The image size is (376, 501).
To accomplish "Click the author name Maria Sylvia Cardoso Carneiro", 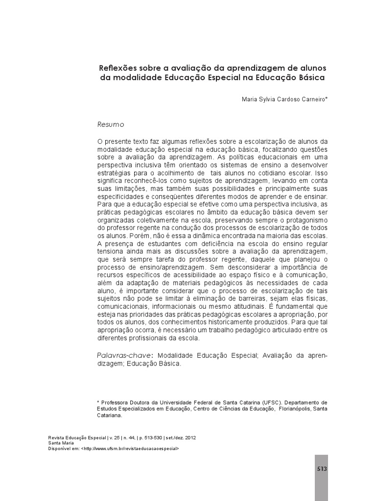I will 283,98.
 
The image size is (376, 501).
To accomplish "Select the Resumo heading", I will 111,125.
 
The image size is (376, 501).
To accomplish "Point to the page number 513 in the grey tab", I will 321,468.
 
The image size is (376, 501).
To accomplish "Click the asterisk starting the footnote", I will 98,401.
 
